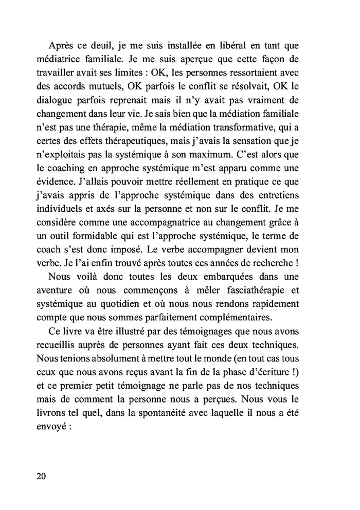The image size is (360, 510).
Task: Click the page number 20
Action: click(x=42, y=476)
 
